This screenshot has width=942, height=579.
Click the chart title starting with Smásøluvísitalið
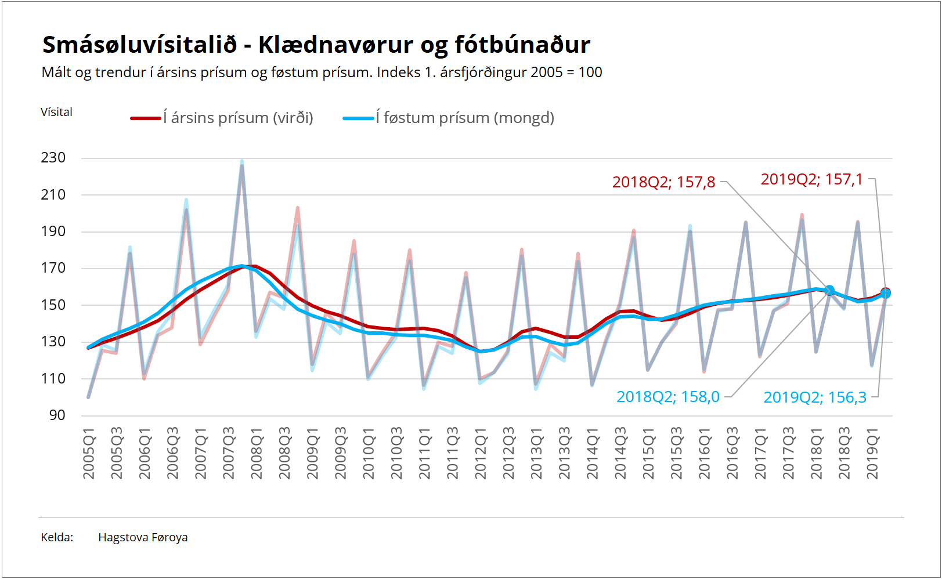click(316, 45)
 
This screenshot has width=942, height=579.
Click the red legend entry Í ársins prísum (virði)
click(222, 118)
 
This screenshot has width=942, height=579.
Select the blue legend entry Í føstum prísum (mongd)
click(448, 118)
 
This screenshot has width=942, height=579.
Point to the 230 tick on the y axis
click(53, 158)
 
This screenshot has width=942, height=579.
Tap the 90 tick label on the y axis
click(57, 415)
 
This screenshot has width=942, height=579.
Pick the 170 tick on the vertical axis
click(53, 268)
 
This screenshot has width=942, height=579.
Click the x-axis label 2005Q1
click(89, 453)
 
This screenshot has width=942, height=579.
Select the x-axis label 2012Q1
click(481, 453)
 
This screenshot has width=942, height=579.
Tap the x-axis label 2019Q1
click(872, 453)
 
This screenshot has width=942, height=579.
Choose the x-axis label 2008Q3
click(285, 453)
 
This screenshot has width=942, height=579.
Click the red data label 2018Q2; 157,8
click(663, 182)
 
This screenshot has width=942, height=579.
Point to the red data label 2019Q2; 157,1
click(811, 179)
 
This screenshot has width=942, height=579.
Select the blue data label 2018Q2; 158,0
click(668, 397)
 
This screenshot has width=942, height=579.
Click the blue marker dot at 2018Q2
click(830, 290)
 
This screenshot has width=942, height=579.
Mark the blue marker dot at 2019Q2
click(886, 294)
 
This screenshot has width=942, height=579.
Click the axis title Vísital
click(56, 113)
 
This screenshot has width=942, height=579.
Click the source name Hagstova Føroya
click(143, 537)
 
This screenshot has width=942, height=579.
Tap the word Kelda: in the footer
click(57, 537)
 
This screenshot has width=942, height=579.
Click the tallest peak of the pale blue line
click(242, 161)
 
